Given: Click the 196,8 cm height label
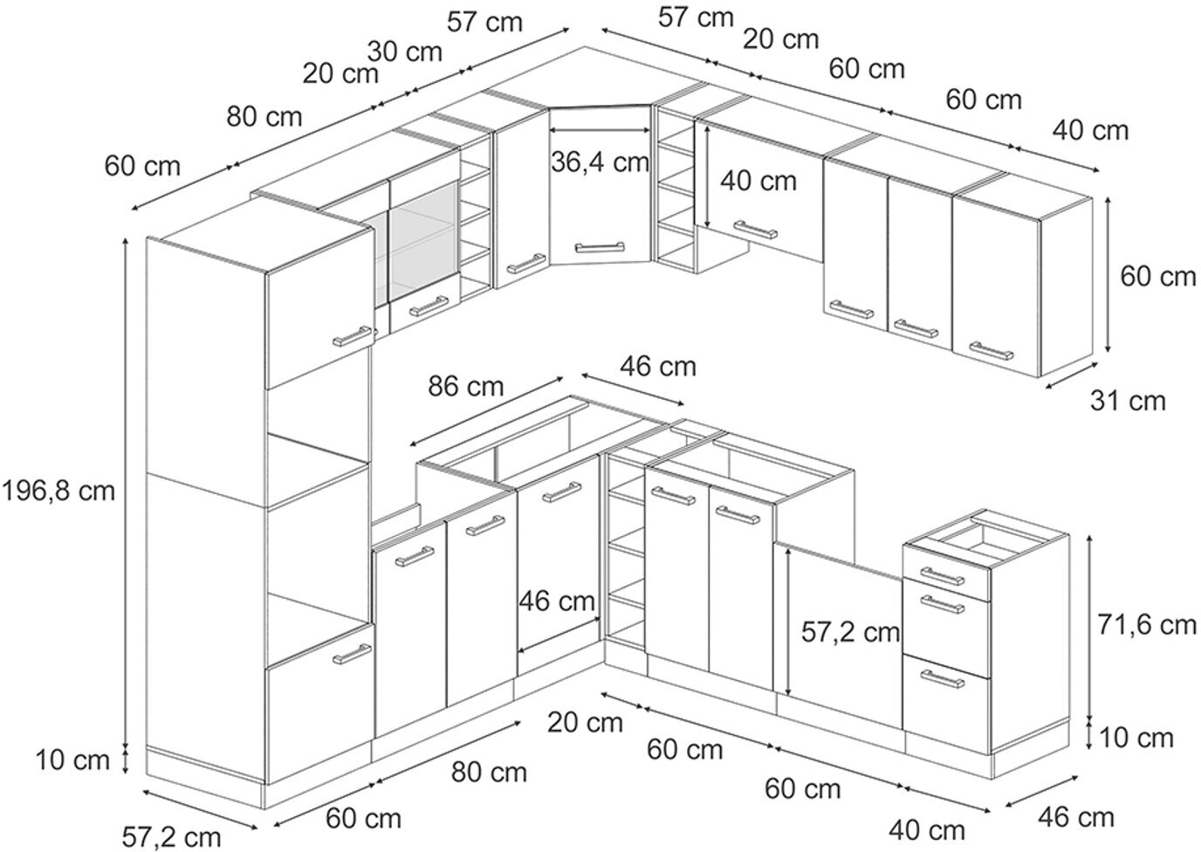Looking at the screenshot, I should click(x=58, y=491).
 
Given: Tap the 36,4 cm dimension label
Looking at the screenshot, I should click(x=600, y=161).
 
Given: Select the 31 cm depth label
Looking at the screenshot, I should click(x=1128, y=401).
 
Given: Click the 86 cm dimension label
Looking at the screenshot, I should click(x=466, y=385).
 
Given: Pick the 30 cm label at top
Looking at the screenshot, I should click(x=404, y=52).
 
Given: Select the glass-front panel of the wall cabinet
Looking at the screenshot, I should click(x=423, y=243).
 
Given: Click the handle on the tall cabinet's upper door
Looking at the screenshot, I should click(x=352, y=336).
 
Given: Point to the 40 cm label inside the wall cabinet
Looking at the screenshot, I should click(x=758, y=181).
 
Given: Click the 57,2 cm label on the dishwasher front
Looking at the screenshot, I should click(x=850, y=632).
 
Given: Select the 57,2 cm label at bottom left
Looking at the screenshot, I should click(x=171, y=837).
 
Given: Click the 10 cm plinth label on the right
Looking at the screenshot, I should click(x=1136, y=738).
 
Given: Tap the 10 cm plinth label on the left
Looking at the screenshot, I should click(x=73, y=760).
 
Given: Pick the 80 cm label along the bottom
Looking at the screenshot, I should click(x=489, y=772).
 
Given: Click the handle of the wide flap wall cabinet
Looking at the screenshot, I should click(x=755, y=230).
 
